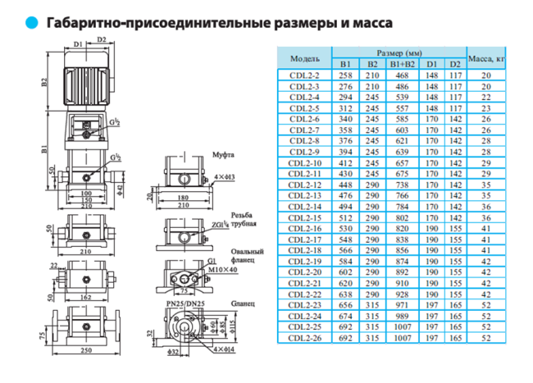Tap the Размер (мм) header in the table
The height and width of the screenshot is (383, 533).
399,53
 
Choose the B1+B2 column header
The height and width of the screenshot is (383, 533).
402,64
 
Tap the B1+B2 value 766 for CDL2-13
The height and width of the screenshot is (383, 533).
402,195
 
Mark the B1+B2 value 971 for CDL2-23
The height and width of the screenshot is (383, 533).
402,303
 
